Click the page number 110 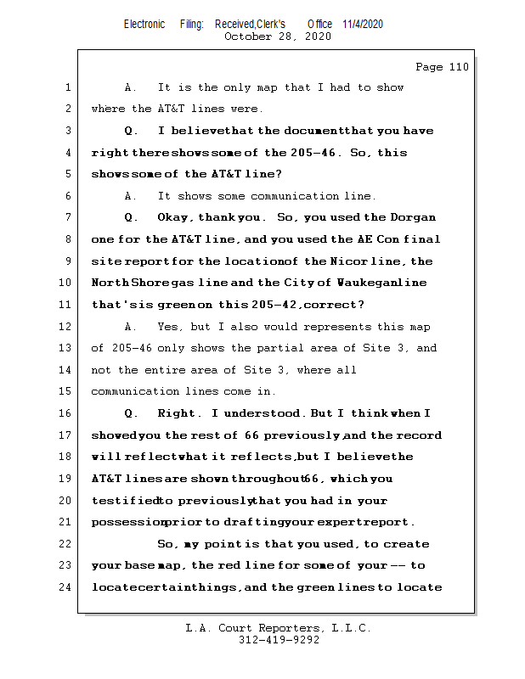click(x=459, y=67)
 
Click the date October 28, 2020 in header click(x=277, y=36)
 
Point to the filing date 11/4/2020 click(x=363, y=24)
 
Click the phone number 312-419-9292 click(x=279, y=640)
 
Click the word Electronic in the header click(x=144, y=24)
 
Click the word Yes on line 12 click(x=168, y=327)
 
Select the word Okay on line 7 click(x=177, y=218)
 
